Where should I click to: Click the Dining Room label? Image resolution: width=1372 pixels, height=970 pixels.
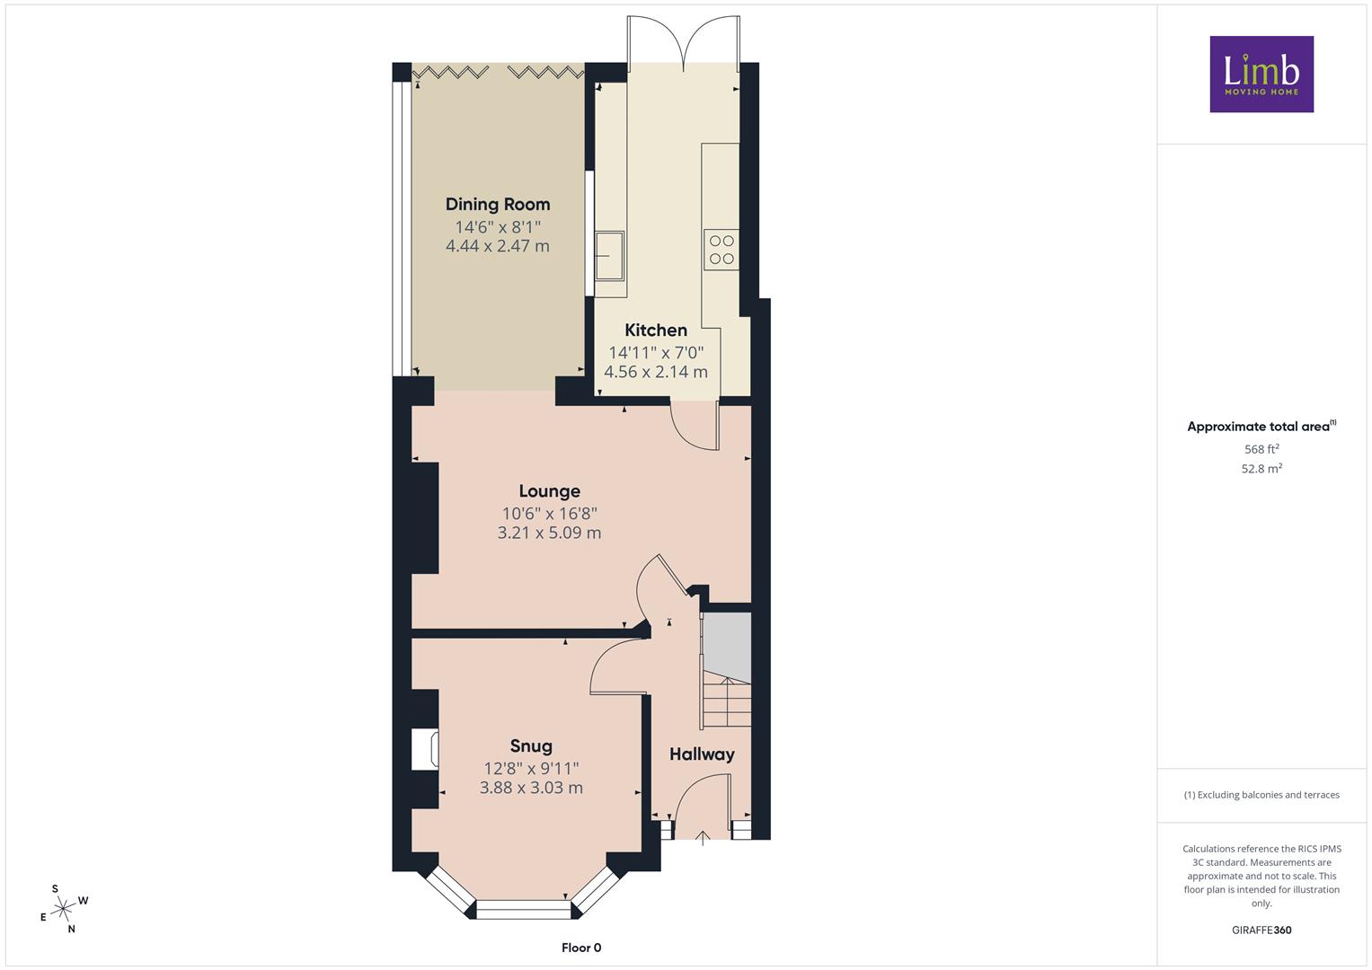498,205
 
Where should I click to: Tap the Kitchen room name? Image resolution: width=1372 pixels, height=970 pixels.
655,331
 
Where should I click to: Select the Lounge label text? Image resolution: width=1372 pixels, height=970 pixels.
549,491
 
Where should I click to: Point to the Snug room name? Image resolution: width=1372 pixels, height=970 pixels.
531,745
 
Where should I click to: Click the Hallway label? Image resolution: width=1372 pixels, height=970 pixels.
702,754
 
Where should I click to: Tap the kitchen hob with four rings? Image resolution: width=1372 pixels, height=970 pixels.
721,250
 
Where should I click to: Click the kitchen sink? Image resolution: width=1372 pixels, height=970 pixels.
609,255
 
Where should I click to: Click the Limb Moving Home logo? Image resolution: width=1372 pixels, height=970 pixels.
1261,74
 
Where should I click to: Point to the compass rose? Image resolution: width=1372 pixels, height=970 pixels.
63,909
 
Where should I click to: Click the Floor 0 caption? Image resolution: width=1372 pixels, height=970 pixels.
581,948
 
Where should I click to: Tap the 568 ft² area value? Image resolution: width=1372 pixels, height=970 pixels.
1261,449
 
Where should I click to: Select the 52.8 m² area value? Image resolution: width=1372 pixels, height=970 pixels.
1261,469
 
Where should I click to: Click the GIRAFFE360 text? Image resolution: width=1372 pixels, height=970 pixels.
1261,930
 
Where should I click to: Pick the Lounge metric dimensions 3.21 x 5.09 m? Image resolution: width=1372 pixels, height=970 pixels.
549,533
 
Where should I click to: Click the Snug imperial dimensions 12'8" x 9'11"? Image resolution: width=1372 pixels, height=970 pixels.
531,768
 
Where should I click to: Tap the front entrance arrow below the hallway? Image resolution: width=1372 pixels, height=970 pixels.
702,838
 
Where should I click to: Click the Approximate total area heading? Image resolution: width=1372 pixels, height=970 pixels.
1261,427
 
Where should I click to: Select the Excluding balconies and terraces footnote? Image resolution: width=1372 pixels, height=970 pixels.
1261,795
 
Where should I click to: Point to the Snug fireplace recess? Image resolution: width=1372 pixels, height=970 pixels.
424,748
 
